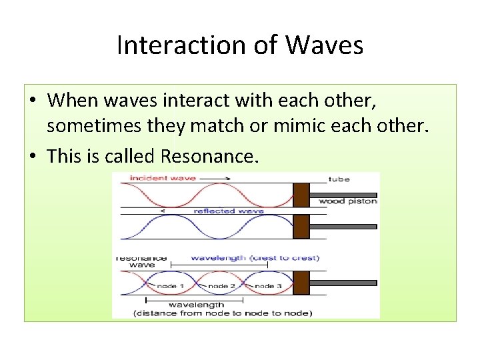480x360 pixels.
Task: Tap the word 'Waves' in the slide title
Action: tap(325, 46)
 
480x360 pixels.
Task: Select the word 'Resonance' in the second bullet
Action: tap(207, 156)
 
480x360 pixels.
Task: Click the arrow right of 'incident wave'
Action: tap(215, 178)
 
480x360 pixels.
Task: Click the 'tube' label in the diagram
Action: tap(339, 179)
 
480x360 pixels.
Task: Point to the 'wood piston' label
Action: tap(347, 201)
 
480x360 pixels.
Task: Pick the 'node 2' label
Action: tap(221, 285)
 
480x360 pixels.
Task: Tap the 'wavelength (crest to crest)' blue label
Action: tap(255, 257)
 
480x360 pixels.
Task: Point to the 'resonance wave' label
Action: tap(141, 261)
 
